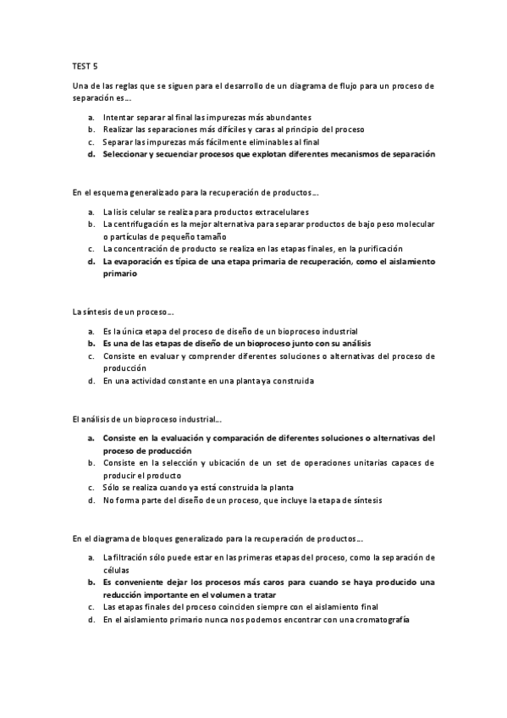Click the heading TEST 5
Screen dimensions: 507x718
pos(85,64)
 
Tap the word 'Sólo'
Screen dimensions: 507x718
pos(112,489)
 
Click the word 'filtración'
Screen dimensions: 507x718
pos(133,558)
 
